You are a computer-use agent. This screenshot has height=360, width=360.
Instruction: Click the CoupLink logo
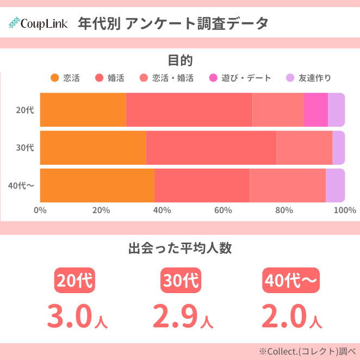pos(38,24)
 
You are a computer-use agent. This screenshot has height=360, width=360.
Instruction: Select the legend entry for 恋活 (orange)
pos(65,78)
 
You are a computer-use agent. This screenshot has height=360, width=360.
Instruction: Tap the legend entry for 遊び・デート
pos(240,78)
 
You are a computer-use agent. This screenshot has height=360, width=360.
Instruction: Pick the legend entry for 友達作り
pos(308,78)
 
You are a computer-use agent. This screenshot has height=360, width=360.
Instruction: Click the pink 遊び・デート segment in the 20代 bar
pos(315,110)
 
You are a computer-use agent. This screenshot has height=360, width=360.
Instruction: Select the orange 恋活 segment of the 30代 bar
pos(93,147)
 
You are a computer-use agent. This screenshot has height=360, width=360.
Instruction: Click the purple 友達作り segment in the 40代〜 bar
pos(335,185)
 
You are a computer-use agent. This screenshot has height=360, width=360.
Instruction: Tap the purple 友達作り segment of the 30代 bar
pos(338,147)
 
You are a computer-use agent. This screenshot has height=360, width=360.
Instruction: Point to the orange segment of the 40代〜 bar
pos(97,185)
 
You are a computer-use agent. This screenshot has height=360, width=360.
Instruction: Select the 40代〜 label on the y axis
pos(21,185)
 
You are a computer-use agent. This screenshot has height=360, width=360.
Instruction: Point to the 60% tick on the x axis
pos(223,210)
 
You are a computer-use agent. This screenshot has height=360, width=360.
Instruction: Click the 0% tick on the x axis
pos(40,210)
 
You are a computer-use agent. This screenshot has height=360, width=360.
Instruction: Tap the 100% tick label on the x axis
pos(344,210)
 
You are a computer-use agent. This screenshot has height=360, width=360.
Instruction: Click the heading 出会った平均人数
pos(180,249)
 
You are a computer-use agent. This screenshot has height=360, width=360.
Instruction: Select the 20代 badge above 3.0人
pos(75,281)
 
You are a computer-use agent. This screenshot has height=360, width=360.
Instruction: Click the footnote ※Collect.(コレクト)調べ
pos(307,351)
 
